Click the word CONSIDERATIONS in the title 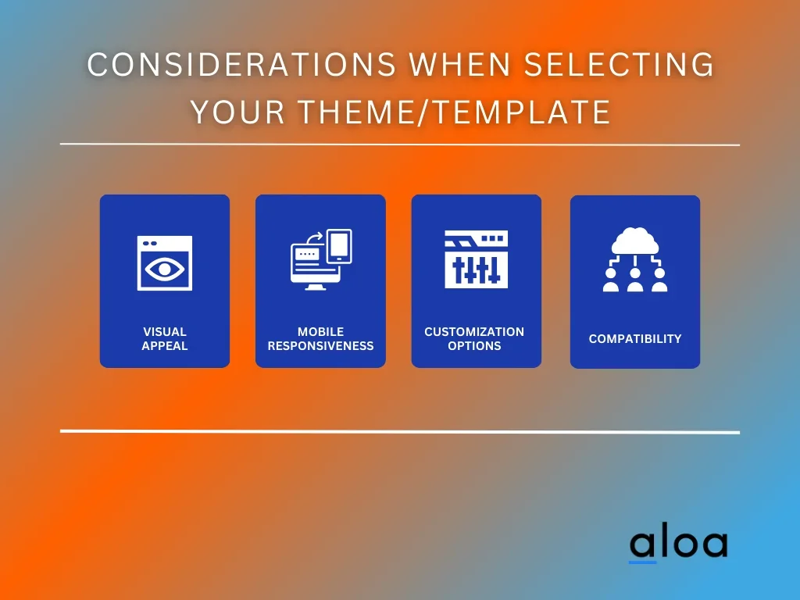coord(241,64)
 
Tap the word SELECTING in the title coord(619,64)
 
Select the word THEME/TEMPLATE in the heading coord(454,112)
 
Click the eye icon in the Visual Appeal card coord(164,269)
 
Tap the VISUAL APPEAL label coord(164,339)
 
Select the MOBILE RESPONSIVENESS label coord(320,339)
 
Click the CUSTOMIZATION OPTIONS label coord(474,339)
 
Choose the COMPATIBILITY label coord(634,339)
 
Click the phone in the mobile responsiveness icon coord(339,246)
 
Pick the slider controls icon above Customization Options coord(476,259)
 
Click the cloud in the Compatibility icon coord(634,241)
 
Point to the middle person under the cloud coord(634,280)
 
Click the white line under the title coord(400,145)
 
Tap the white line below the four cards coord(400,431)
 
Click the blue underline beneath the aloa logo coord(642,562)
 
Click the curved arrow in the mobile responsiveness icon coord(315,237)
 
